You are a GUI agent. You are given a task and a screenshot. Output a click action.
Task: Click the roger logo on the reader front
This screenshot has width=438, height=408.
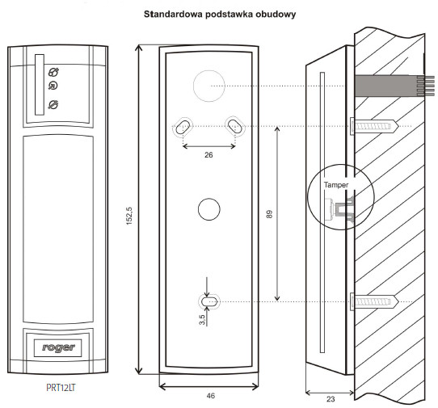coord(58,347)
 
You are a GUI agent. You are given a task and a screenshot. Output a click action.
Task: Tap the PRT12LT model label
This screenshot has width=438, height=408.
coord(61,388)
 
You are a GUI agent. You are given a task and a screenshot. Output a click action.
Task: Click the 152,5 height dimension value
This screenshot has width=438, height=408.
coord(129,217)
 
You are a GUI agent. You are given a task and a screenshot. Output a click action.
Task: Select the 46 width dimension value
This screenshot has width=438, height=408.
coord(211,396)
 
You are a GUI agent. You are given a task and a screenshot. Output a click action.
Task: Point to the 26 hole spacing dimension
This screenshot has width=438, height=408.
coord(208,154)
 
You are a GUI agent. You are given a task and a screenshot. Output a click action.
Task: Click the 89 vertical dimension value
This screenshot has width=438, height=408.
coord(269,214)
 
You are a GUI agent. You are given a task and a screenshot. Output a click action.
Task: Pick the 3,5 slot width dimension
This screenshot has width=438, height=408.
coord(202,319)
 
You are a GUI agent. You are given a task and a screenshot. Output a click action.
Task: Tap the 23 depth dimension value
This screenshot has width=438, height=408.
coord(331,399)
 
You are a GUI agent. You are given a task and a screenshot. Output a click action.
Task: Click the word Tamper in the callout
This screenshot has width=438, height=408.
coord(336,185)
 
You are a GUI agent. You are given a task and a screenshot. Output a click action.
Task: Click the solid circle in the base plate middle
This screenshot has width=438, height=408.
coord(209,209)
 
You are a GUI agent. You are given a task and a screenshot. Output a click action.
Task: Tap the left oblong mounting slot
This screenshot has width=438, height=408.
coord(183,126)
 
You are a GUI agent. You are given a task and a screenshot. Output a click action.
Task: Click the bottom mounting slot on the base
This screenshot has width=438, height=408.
coord(209,301)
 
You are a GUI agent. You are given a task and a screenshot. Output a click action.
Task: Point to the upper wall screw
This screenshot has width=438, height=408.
coord(374,126)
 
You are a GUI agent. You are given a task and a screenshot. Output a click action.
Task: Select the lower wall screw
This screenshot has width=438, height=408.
coord(374,301)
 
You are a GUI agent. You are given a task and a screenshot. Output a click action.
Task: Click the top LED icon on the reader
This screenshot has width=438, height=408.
coord(53,72)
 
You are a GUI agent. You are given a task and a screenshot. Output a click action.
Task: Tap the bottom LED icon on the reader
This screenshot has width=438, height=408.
coord(53,104)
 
